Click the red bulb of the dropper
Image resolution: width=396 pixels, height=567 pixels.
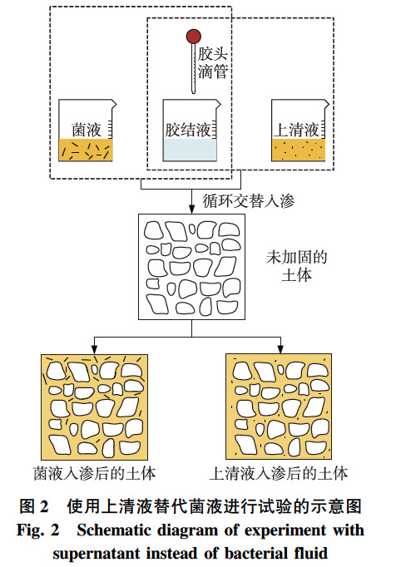click(x=193, y=37)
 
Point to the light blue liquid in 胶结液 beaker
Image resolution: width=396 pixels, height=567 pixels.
click(x=191, y=150)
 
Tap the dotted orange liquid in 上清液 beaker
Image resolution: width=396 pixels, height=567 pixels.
click(x=297, y=150)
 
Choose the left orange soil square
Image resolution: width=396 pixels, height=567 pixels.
click(x=94, y=407)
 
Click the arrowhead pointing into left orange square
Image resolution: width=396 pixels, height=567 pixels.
click(x=94, y=349)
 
